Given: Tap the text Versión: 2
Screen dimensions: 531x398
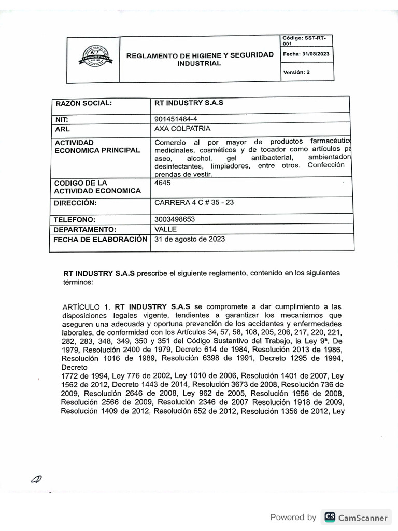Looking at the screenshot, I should pyautogui.click(x=296, y=73).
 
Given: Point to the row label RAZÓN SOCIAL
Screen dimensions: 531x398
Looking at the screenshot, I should pyautogui.click(x=83, y=103).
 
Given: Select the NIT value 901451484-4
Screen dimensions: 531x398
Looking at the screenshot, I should pyautogui.click(x=176, y=119).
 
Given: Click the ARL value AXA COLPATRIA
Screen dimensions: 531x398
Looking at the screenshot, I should pyautogui.click(x=182, y=129).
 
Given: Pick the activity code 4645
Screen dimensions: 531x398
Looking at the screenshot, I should pyautogui.click(x=163, y=183).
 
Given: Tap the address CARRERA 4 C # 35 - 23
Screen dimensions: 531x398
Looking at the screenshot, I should pyautogui.click(x=194, y=202).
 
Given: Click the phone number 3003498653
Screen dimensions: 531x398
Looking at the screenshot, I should pyautogui.click(x=175, y=219).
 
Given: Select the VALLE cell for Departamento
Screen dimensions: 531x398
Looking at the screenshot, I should pyautogui.click(x=166, y=229).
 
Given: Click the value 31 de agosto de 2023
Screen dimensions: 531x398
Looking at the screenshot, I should pyautogui.click(x=190, y=239).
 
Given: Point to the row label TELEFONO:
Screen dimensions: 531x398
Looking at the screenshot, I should pyautogui.click(x=76, y=220).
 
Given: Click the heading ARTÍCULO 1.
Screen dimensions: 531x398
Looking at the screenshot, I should pyautogui.click(x=84, y=306).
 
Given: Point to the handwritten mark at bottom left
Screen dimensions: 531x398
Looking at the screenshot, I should pyautogui.click(x=37, y=478).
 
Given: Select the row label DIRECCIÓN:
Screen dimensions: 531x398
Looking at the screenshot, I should pyautogui.click(x=76, y=203).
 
